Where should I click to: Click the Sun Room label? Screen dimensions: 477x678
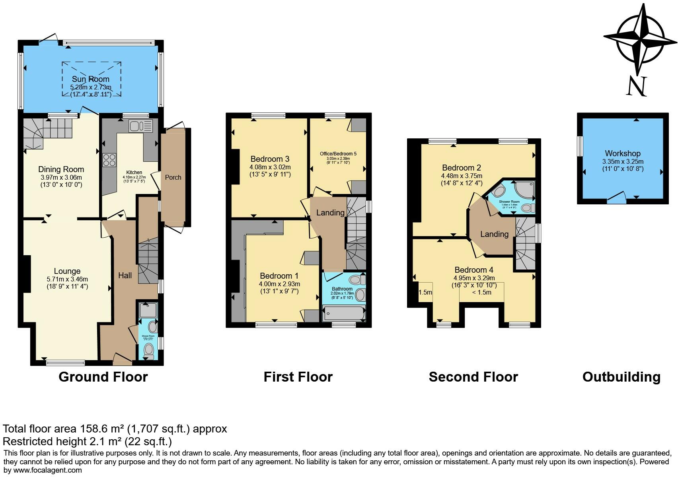point(90,79)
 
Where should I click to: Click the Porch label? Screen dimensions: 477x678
point(173,177)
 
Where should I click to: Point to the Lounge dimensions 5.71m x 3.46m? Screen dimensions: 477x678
point(67,279)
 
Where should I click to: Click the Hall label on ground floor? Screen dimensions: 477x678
point(125,275)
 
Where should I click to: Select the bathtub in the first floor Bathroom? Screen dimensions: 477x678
point(343,313)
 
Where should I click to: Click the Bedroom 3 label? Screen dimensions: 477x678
point(270,159)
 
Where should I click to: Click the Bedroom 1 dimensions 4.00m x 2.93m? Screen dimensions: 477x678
point(279,284)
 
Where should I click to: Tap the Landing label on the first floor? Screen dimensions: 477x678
point(330,213)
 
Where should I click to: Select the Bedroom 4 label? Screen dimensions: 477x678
point(473,270)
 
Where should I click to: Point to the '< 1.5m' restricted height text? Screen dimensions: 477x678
point(481,292)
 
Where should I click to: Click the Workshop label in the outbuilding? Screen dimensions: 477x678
point(623,153)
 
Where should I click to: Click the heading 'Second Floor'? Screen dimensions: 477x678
point(473,377)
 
